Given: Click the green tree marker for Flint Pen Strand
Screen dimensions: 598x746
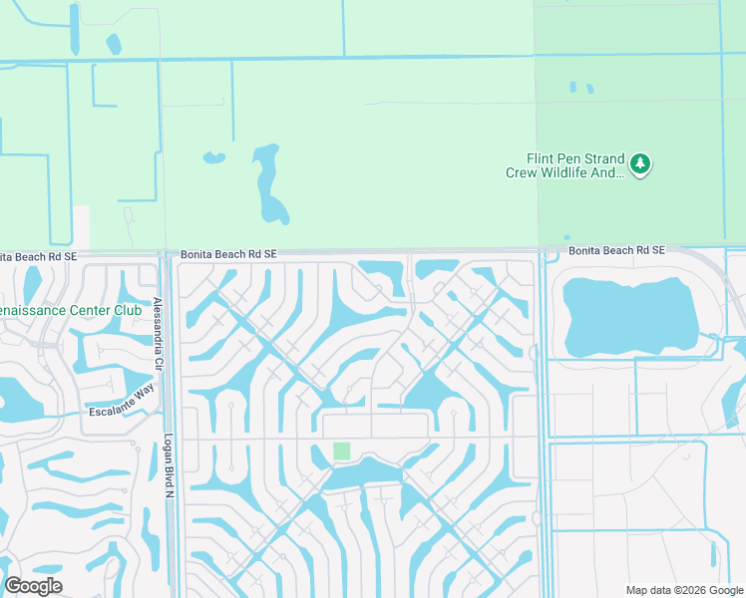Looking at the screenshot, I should pos(640,163).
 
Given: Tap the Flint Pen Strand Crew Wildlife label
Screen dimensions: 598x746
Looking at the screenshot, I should pos(576,165).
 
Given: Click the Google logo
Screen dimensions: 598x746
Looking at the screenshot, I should pos(33,586).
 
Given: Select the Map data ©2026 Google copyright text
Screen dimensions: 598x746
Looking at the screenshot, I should pos(683,590).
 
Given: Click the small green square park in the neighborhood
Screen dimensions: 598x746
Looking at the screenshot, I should pos(342,450).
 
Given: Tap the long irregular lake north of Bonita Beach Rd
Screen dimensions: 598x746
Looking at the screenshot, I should pos(268,185).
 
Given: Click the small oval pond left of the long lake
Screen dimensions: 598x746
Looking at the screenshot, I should pos(213,157).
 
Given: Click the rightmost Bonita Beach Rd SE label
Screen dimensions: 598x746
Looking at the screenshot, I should pos(616,250).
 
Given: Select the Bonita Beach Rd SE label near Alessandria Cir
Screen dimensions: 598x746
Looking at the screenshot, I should pos(227,255).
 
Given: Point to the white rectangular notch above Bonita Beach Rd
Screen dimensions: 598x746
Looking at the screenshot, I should pos(81,227).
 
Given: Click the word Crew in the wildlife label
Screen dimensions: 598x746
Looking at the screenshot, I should pos(523,172).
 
